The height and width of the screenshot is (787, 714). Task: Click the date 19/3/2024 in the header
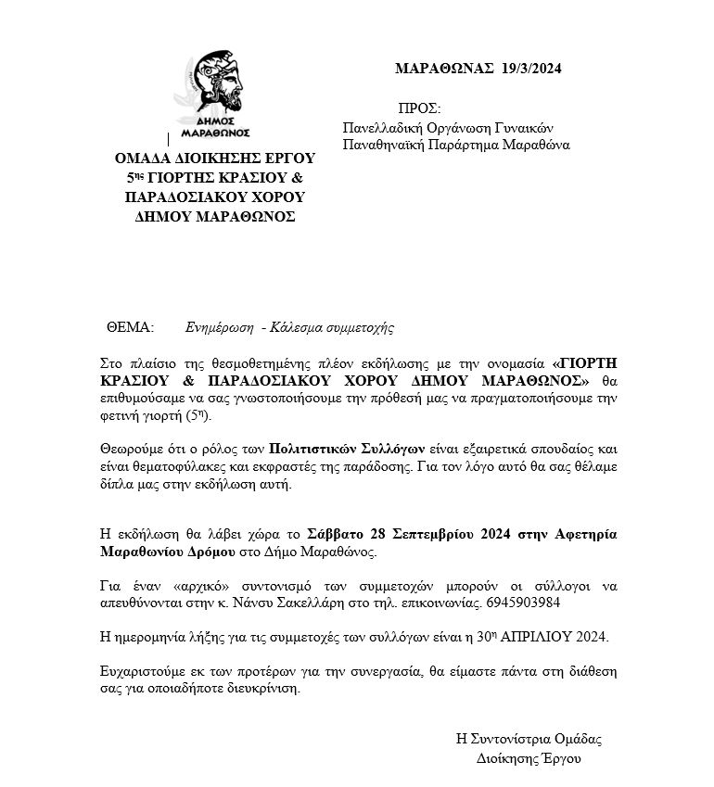(531, 69)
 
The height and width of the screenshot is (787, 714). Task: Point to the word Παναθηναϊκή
(383, 146)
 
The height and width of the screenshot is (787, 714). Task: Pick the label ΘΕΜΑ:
(131, 328)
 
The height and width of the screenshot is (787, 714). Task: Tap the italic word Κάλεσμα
(299, 328)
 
